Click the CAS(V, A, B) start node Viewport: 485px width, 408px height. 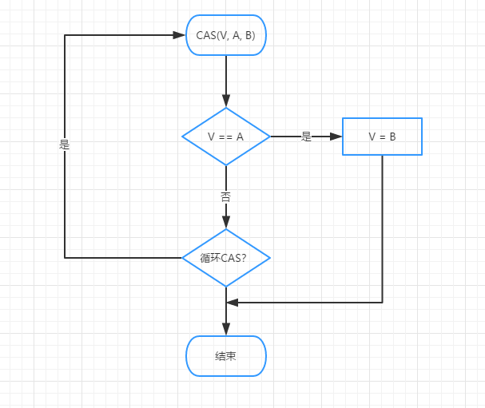point(226,35)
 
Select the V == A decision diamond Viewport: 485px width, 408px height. point(226,137)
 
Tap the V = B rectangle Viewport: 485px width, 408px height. point(382,137)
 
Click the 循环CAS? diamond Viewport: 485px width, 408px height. point(226,258)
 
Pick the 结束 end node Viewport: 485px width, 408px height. point(226,356)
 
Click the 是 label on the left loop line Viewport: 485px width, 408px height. point(65,145)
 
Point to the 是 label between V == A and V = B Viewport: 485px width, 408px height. point(306,137)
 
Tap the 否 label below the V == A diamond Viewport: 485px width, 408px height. point(226,197)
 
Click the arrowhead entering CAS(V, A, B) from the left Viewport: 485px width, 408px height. point(179,35)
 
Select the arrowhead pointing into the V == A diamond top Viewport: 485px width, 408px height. point(226,101)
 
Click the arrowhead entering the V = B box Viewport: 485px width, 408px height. point(336,137)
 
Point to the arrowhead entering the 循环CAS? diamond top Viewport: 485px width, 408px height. point(226,222)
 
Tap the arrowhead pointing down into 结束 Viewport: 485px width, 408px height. point(226,329)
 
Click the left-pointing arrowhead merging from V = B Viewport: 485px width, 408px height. point(233,303)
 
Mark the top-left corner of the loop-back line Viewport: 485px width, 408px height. point(65,35)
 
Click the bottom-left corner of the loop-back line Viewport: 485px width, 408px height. point(65,258)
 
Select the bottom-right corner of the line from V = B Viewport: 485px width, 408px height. point(382,303)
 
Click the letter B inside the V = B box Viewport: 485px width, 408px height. point(392,137)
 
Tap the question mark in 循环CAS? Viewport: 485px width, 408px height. point(244,258)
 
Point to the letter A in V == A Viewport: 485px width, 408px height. point(240,137)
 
